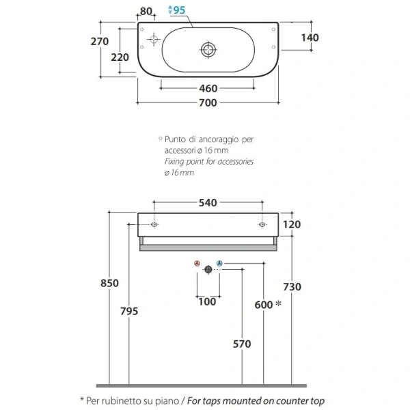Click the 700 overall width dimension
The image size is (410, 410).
coord(208,102)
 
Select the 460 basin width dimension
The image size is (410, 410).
coord(208,88)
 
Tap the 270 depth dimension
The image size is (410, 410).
coord(100,41)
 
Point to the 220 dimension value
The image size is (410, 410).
coord(120,57)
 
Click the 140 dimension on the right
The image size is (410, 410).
coord(310,38)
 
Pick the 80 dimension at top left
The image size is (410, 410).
coord(146,11)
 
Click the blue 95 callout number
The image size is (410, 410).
coord(179,10)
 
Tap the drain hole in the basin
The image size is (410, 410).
coord(208,50)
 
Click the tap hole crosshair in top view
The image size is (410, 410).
coord(154,40)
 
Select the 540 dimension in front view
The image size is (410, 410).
coord(208,203)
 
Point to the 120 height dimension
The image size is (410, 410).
coord(292,224)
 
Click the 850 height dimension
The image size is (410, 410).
coord(109,283)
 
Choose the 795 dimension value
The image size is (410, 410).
coord(129,311)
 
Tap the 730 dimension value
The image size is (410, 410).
coord(292,287)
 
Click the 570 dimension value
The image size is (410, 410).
coord(242,344)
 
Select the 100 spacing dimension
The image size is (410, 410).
coord(207,301)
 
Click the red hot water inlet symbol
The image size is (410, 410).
coord(197,263)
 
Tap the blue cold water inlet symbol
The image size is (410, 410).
coord(219,263)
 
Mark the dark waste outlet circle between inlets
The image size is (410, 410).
coord(208,269)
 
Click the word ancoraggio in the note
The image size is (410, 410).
coord(219,139)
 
